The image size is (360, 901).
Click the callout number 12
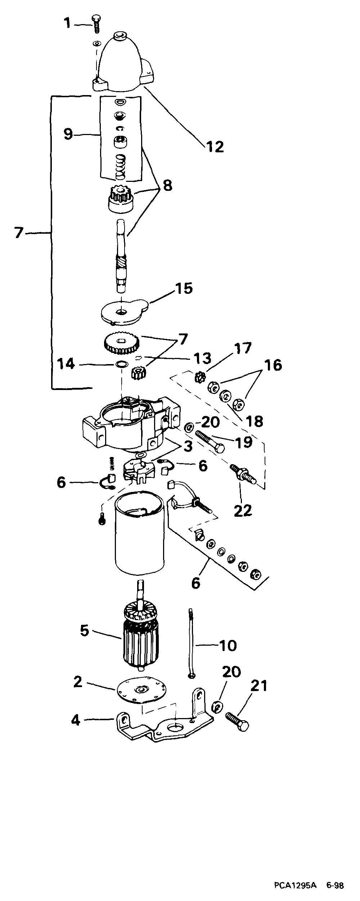[215, 147]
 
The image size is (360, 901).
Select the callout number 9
[68, 134]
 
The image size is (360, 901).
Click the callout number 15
[184, 288]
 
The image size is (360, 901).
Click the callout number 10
[228, 645]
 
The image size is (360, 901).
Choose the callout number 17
[243, 349]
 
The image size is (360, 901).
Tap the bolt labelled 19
[211, 442]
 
